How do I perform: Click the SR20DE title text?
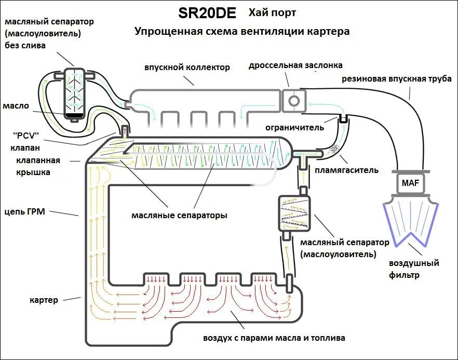(207, 13)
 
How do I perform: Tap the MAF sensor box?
(409, 183)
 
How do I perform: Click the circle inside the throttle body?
(294, 99)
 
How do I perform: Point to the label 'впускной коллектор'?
(187, 68)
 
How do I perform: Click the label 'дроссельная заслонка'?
(295, 65)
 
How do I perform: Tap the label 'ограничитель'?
(294, 127)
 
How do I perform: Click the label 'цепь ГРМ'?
(25, 211)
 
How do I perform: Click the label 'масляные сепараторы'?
(179, 215)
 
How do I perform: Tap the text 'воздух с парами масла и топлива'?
(274, 338)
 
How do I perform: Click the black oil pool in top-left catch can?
(75, 113)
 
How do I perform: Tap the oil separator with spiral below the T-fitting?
(293, 213)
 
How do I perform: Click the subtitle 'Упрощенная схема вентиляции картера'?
(242, 32)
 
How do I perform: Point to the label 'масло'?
(16, 105)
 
